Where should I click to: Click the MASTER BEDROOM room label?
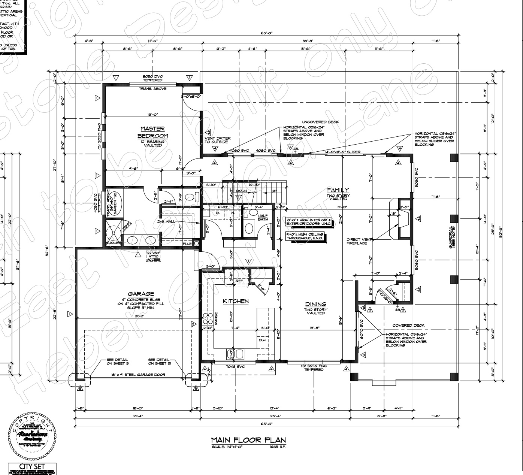tap(152, 132)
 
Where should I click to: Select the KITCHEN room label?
tap(236, 301)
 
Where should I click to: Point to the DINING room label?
tap(315, 304)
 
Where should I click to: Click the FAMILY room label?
tap(338, 190)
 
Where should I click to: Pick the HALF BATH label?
tap(263, 217)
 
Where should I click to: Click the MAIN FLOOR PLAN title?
tap(248, 440)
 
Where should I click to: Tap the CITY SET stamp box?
tap(32, 466)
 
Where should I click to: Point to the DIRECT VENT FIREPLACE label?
tap(359, 241)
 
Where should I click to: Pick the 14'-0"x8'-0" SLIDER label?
tap(343, 152)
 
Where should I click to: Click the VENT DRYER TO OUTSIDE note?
tap(217, 140)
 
